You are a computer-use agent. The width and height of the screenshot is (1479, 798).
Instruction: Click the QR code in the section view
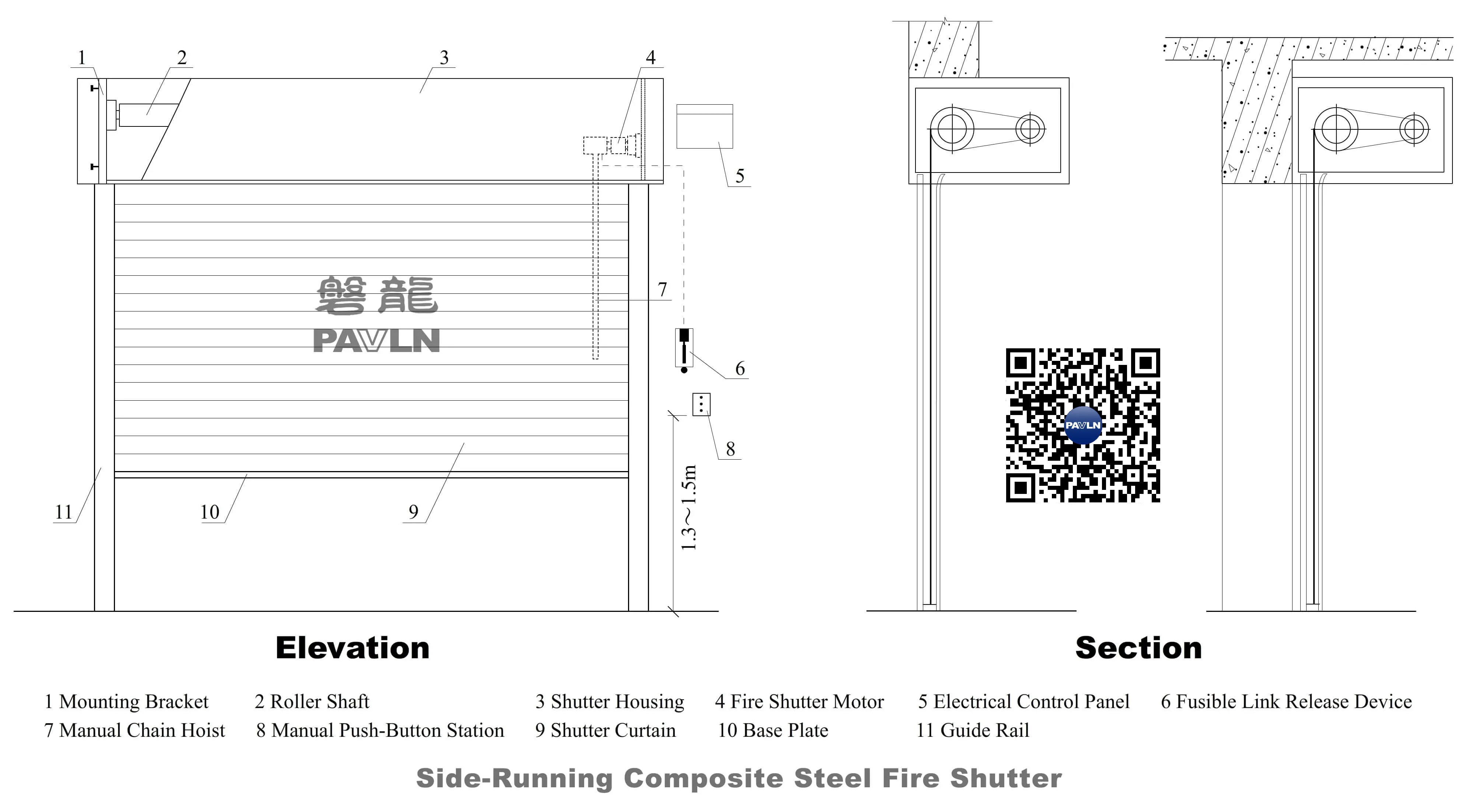pyautogui.click(x=1083, y=425)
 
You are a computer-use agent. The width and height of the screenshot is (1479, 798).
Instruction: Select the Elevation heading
pyautogui.click(x=353, y=648)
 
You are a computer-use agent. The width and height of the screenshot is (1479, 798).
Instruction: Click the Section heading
pyautogui.click(x=1138, y=648)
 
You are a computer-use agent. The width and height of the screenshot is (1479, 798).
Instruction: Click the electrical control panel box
pyautogui.click(x=704, y=126)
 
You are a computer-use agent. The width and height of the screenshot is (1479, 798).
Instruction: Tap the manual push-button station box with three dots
pyautogui.click(x=701, y=404)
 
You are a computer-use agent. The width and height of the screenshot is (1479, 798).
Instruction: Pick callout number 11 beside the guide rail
pyautogui.click(x=63, y=512)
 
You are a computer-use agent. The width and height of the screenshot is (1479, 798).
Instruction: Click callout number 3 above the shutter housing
pyautogui.click(x=444, y=58)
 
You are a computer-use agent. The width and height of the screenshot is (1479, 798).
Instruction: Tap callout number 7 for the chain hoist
pyautogui.click(x=663, y=289)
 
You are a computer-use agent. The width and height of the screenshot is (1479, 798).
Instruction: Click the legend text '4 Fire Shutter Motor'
pyautogui.click(x=799, y=701)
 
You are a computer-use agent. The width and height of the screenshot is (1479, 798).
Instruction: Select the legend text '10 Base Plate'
pyautogui.click(x=773, y=730)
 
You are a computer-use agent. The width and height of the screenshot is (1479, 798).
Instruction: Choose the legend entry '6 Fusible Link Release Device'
pyautogui.click(x=1286, y=701)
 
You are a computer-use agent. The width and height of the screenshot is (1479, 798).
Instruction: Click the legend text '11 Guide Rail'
pyautogui.click(x=973, y=730)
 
